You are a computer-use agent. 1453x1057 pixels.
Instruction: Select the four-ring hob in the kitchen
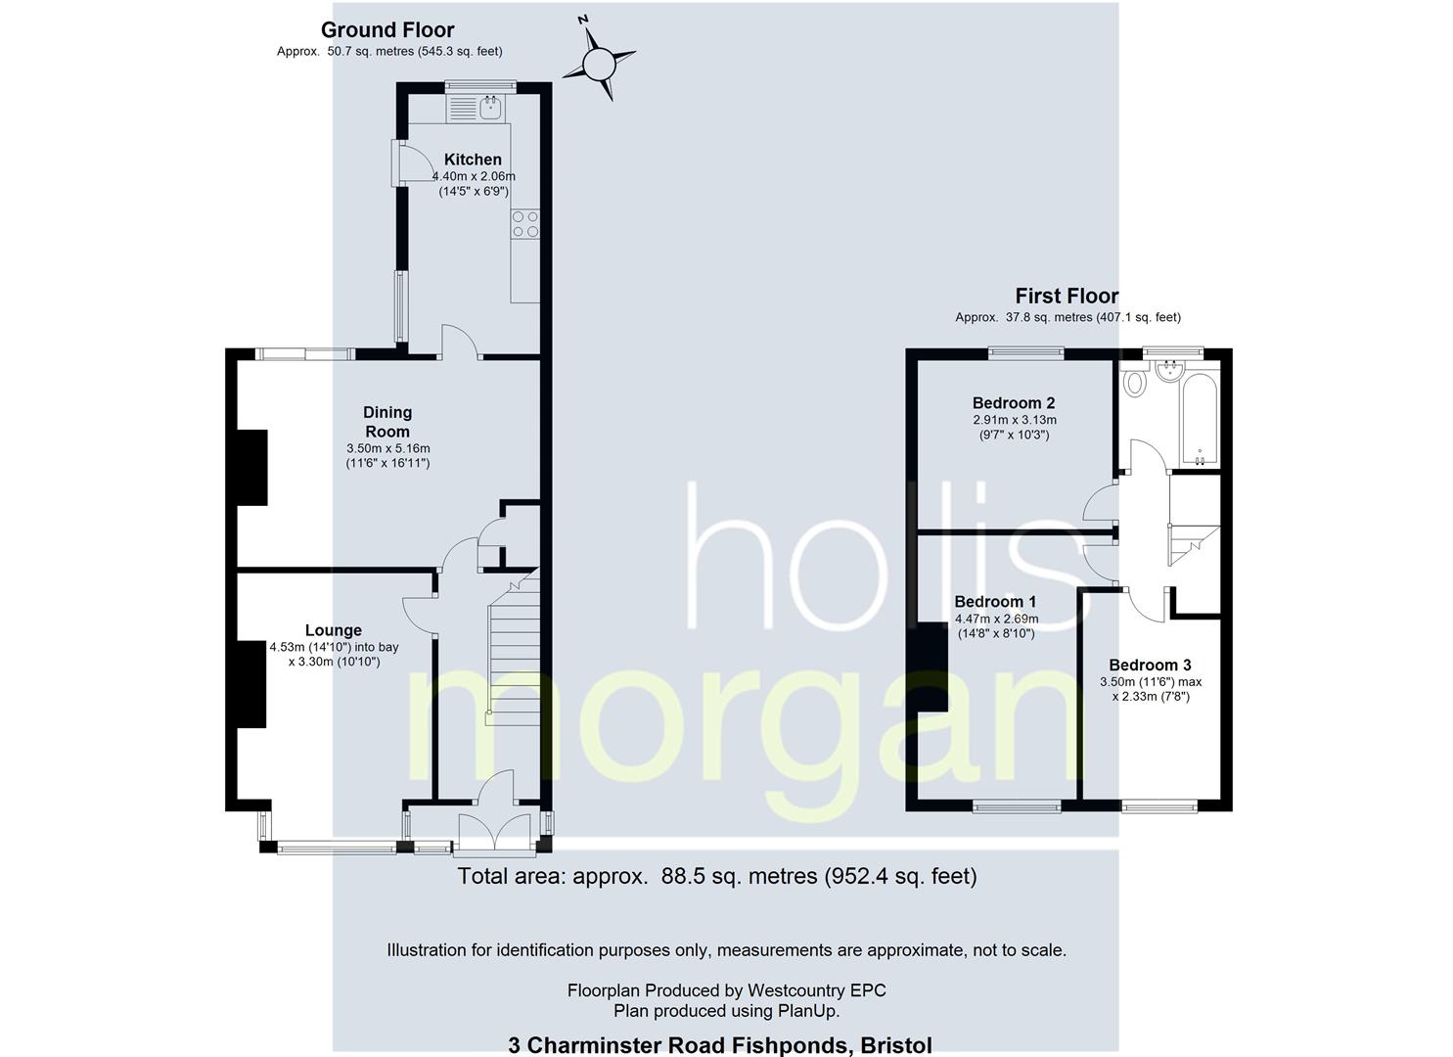[x=525, y=223]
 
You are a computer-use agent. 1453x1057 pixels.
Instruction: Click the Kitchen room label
[x=473, y=159]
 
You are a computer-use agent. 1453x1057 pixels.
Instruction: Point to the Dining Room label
[x=387, y=422]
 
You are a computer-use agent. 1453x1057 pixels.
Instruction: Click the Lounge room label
[x=334, y=630]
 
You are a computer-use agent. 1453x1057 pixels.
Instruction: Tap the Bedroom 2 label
[x=1014, y=403]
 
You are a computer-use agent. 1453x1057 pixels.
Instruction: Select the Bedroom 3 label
[x=1150, y=666]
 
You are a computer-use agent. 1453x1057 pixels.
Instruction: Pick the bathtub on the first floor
[x=1201, y=419]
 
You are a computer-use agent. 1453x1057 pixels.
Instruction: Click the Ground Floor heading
[x=387, y=29]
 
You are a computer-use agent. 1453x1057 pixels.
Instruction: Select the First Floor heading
[x=1067, y=296]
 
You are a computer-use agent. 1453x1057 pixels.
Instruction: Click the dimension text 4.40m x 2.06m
[x=474, y=176]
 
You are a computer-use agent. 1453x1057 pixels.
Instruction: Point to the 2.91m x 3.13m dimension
[x=1015, y=420]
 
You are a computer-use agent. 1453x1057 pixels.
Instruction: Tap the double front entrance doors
[x=495, y=831]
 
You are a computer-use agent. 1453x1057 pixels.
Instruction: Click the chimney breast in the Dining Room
[x=252, y=467]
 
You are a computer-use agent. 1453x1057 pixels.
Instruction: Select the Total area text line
[x=717, y=877]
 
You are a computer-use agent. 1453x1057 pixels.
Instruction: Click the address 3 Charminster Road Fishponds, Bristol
[x=720, y=1045]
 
